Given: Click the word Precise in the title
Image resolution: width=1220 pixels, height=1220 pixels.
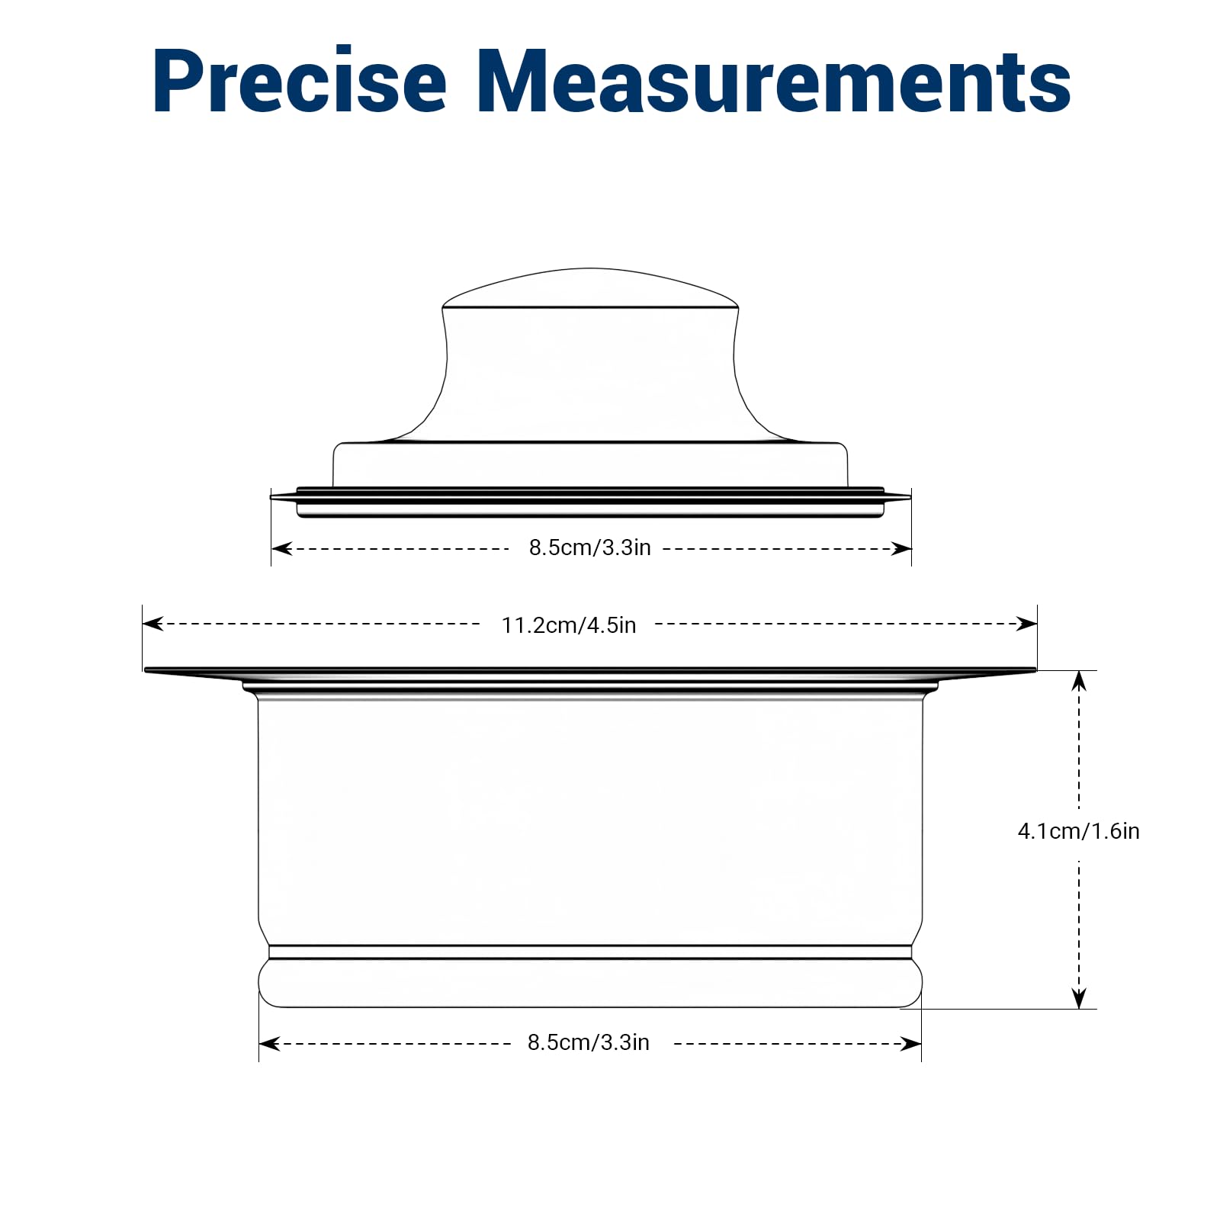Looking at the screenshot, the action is (300, 81).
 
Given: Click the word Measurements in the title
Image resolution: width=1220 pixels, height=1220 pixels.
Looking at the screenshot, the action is (774, 81).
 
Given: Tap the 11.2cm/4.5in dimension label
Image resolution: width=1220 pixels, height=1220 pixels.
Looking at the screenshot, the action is (569, 625).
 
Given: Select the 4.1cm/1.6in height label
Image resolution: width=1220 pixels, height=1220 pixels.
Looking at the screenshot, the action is (1078, 831).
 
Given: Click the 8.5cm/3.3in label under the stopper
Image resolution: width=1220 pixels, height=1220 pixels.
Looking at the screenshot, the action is (590, 547).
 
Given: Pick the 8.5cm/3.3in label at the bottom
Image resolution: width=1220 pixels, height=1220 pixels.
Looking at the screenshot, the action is (589, 1042).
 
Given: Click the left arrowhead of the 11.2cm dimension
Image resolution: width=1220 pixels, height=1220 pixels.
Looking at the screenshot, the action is (153, 624).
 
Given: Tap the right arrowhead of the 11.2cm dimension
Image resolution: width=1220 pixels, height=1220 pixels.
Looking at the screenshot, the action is (1027, 624).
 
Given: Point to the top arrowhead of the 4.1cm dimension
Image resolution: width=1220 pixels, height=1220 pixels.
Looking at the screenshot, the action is (1079, 681).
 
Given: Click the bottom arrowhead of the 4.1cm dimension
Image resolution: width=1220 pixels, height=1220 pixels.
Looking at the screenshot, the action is (1079, 998).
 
